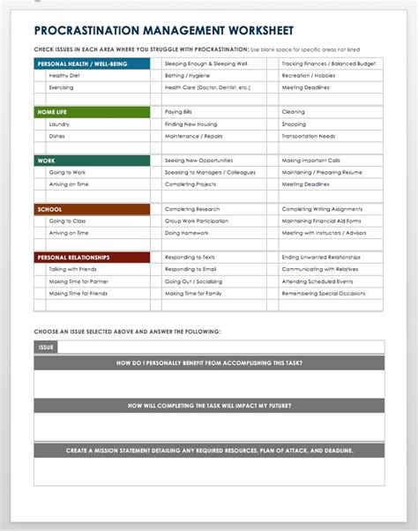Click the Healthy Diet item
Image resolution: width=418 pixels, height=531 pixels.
(x=64, y=76)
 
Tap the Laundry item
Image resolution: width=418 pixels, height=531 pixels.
(x=60, y=124)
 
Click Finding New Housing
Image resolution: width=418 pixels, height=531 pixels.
(x=191, y=124)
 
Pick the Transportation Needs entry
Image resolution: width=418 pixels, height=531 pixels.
(x=309, y=136)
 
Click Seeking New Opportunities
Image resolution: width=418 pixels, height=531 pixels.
(x=198, y=161)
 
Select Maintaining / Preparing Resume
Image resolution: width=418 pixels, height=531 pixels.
(x=322, y=172)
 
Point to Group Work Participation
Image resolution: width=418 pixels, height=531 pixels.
(x=196, y=221)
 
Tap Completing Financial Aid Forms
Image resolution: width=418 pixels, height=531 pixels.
(x=321, y=221)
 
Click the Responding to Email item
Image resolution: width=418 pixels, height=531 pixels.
(x=190, y=268)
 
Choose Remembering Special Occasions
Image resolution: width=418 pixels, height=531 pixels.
(x=323, y=292)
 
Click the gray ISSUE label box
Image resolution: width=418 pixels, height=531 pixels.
(x=47, y=348)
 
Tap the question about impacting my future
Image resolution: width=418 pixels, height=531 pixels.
(x=209, y=406)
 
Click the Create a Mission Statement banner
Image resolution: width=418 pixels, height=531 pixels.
(x=209, y=451)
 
